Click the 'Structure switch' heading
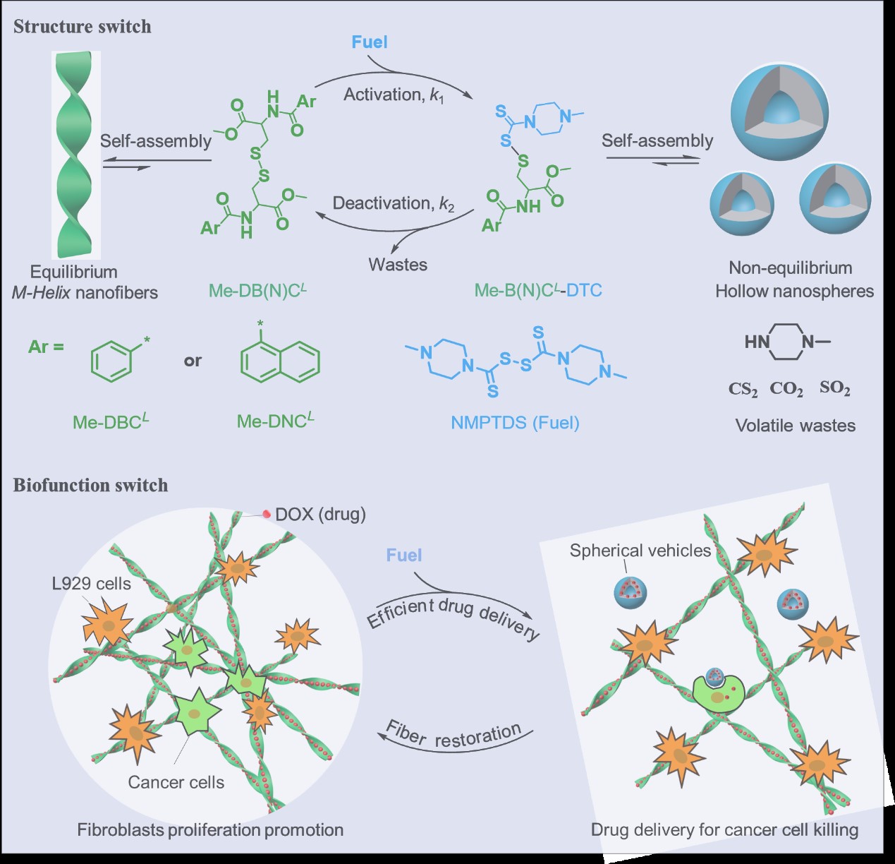(x=83, y=27)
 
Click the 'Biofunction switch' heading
(x=90, y=485)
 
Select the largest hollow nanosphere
(x=779, y=109)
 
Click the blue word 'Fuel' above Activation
(x=370, y=42)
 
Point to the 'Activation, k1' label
(x=394, y=95)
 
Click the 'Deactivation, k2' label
(x=394, y=204)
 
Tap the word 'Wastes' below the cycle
(x=398, y=265)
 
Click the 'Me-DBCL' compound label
(x=111, y=421)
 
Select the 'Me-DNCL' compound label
(x=275, y=421)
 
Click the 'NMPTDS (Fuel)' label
(x=515, y=423)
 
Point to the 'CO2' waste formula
(x=786, y=389)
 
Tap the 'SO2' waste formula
(x=834, y=388)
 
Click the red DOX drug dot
(x=267, y=514)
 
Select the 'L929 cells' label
(x=92, y=583)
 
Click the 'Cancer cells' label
(x=176, y=782)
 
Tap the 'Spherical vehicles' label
(x=640, y=551)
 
